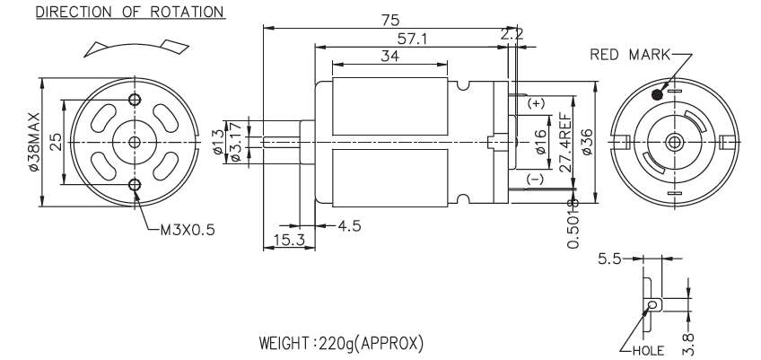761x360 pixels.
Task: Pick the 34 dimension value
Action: [390, 56]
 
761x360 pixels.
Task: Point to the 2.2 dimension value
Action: [512, 34]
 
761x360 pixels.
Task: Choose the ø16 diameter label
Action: [540, 141]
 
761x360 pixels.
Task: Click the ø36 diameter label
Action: [587, 141]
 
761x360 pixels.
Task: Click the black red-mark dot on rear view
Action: [659, 93]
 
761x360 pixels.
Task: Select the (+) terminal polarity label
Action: [535, 103]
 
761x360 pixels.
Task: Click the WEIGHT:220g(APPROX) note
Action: [341, 345]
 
